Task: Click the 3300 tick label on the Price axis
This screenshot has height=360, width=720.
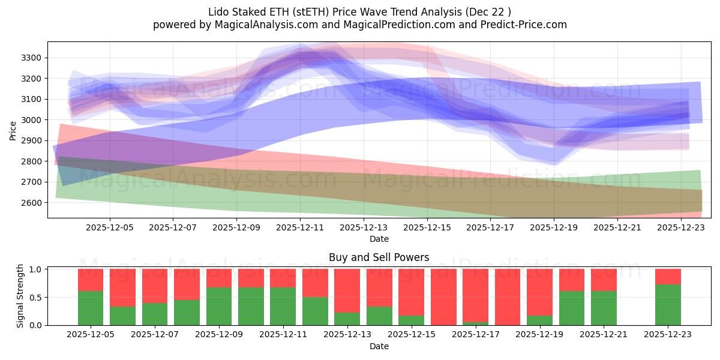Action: pos(31,58)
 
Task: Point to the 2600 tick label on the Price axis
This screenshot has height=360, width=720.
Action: pos(31,203)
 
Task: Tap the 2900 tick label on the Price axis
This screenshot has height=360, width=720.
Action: pos(31,141)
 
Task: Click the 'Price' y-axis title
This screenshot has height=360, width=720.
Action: pos(13,130)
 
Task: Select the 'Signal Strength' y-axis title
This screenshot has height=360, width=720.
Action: pos(20,296)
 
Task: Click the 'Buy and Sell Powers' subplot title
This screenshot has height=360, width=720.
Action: pos(379,257)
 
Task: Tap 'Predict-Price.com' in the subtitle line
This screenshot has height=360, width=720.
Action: pos(525,25)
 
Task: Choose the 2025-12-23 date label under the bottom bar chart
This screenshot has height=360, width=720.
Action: pos(668,335)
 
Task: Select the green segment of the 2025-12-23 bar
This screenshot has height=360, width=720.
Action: pos(668,305)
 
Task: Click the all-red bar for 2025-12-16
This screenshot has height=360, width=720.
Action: pos(443,297)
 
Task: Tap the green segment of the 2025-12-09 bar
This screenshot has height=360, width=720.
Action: pos(219,306)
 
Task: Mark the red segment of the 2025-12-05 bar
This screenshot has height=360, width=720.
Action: pos(91,280)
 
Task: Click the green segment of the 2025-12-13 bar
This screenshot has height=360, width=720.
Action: pos(347,319)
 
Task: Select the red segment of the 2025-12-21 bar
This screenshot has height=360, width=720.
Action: pos(604,280)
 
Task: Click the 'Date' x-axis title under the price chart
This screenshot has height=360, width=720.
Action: pos(379,239)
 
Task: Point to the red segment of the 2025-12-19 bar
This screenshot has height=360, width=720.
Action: pos(539,292)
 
